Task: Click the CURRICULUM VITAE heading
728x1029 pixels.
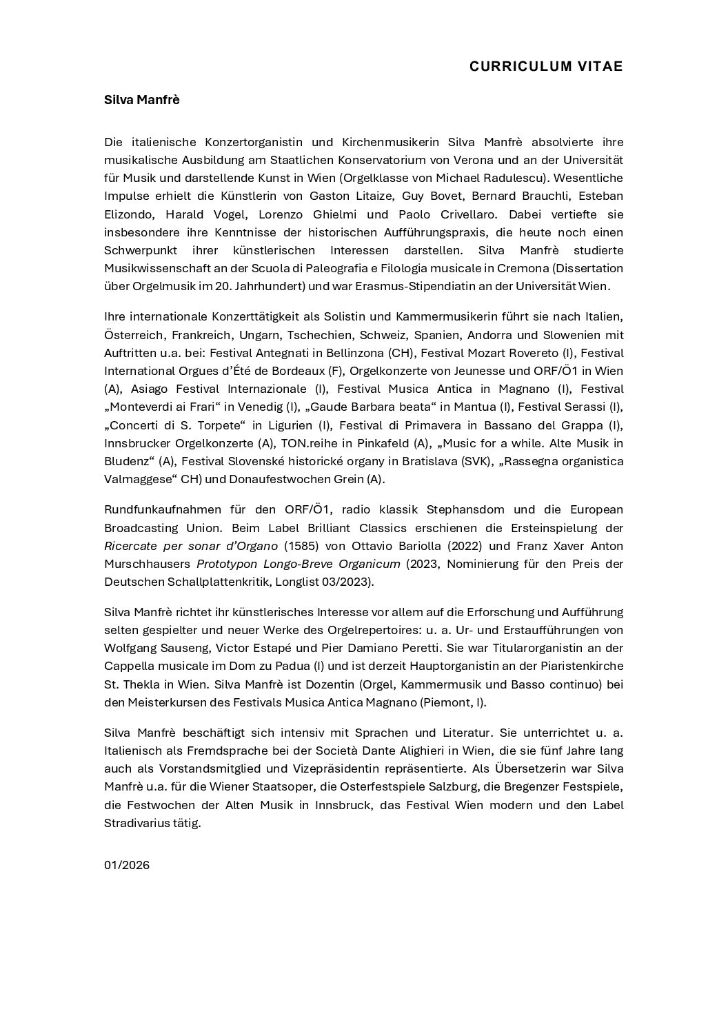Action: point(545,66)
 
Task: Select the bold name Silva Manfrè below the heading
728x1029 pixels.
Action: point(141,100)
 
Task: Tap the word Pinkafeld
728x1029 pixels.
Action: point(375,443)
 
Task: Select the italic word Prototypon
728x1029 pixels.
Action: point(226,564)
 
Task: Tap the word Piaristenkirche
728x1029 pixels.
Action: point(580,666)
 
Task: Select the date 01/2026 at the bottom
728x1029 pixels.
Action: point(127,865)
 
